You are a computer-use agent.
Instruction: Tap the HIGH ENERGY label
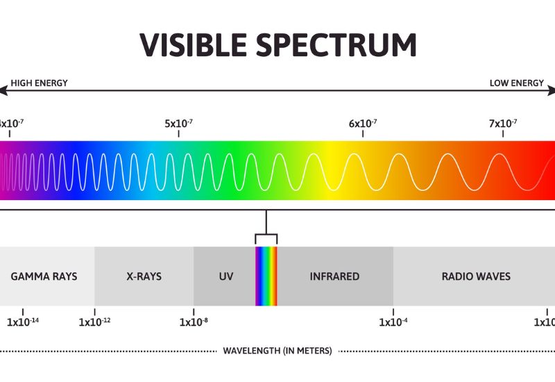(x=39, y=83)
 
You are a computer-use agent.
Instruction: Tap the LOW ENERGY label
(x=516, y=83)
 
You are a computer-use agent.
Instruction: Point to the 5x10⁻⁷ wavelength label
(x=178, y=124)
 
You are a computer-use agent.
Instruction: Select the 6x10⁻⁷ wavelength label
(x=363, y=124)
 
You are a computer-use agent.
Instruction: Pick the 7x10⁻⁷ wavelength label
(x=503, y=124)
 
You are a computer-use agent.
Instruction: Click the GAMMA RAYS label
(x=44, y=276)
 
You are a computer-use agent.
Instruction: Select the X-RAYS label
(x=144, y=276)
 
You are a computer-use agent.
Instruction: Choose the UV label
(x=226, y=276)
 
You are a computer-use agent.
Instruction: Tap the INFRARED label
(x=334, y=276)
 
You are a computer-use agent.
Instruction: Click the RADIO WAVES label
(x=476, y=276)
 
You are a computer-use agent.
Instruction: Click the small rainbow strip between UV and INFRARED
(x=266, y=276)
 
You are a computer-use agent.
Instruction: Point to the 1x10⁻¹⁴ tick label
(x=23, y=322)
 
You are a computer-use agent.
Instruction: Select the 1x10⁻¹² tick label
(x=95, y=322)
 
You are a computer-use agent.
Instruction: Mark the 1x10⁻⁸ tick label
(x=194, y=322)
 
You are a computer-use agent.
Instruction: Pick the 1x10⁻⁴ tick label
(x=393, y=322)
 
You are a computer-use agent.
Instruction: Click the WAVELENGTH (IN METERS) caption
(x=277, y=351)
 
